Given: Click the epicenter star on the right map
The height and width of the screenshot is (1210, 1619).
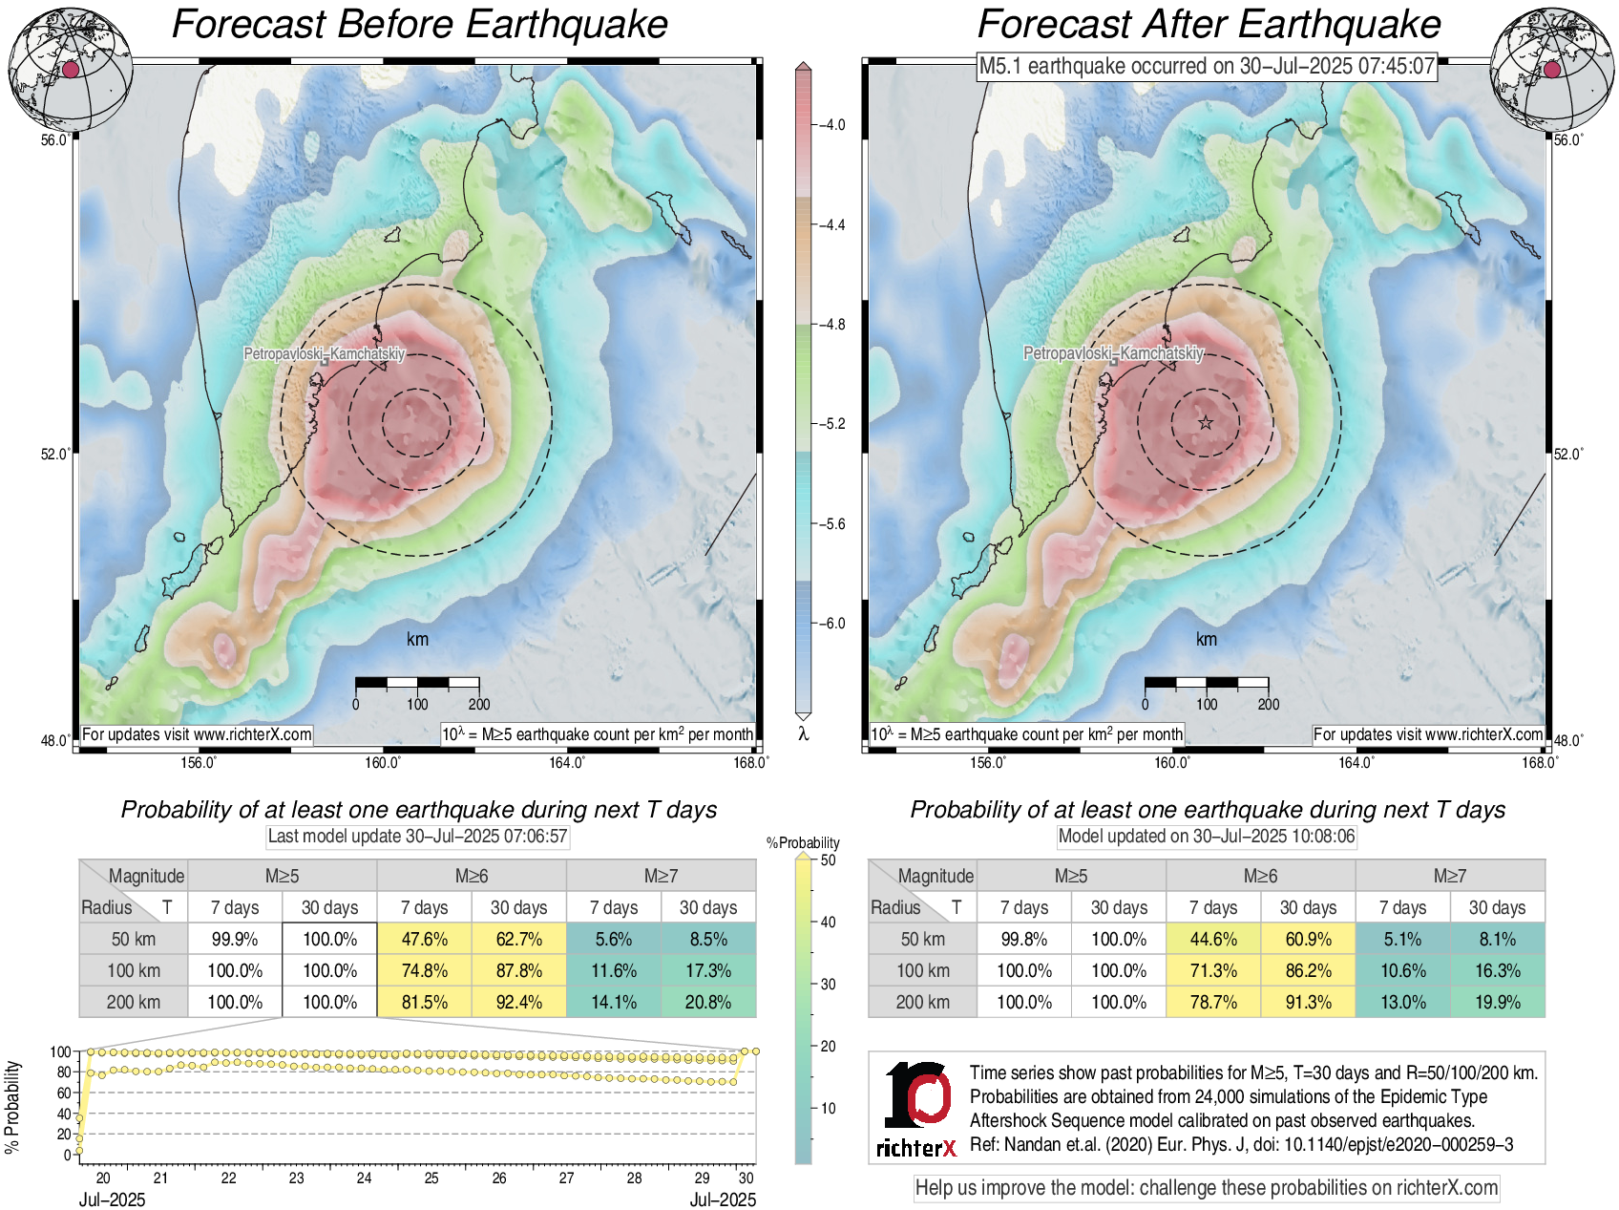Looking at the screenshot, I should pyautogui.click(x=1206, y=422).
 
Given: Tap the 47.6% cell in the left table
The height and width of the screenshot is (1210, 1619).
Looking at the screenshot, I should pyautogui.click(x=425, y=939).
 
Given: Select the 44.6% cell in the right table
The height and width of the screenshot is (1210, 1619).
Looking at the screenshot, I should pyautogui.click(x=1213, y=939).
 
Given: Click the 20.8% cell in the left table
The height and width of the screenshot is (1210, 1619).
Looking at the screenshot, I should pyautogui.click(x=708, y=1002).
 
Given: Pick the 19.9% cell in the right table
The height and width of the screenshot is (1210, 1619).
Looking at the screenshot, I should pyautogui.click(x=1497, y=1002).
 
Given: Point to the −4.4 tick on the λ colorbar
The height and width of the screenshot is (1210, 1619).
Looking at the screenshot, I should pyautogui.click(x=832, y=224).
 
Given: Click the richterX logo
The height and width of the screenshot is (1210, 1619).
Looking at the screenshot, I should pyautogui.click(x=916, y=1108).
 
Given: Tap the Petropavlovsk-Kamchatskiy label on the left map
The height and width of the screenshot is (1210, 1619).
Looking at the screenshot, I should pyautogui.click(x=325, y=354).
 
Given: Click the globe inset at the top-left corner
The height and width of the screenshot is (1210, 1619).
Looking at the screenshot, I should pyautogui.click(x=70, y=69).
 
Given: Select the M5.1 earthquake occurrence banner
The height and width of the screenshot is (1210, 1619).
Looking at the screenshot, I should pyautogui.click(x=1207, y=66).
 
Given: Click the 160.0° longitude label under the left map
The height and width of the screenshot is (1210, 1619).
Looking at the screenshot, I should pyautogui.click(x=383, y=762).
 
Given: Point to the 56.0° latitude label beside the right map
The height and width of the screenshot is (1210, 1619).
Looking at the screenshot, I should pyautogui.click(x=1568, y=139).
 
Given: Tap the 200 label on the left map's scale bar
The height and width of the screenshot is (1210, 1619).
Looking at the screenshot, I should pyautogui.click(x=479, y=705).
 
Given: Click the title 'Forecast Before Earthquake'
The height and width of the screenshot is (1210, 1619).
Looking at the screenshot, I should pyautogui.click(x=420, y=25).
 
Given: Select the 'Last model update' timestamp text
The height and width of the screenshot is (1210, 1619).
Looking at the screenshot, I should pyautogui.click(x=417, y=837).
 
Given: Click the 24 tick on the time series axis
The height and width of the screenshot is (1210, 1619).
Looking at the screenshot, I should pyautogui.click(x=364, y=1178).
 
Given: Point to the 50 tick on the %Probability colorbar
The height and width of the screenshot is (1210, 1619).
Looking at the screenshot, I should pyautogui.click(x=829, y=860).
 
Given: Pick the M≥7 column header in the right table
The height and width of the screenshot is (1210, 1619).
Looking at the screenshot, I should pyautogui.click(x=1449, y=876).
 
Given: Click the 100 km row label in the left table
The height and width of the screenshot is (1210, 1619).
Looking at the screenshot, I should pyautogui.click(x=134, y=970).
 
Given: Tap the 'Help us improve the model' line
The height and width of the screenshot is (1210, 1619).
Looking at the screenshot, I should pyautogui.click(x=1207, y=1188).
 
